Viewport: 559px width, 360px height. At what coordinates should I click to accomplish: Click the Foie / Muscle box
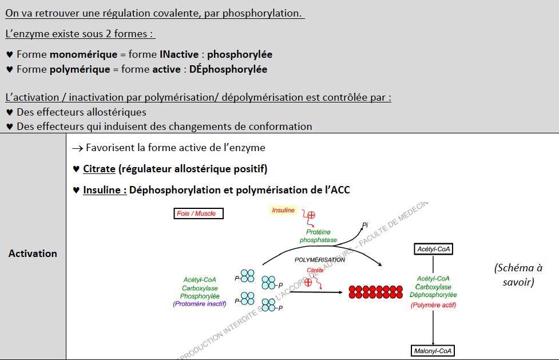[x=199, y=213]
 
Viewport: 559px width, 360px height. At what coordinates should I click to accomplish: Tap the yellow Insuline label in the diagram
[x=283, y=210]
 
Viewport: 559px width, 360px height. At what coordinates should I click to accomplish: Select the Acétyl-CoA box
[x=433, y=249]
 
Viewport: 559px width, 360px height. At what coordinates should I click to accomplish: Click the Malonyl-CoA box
[x=433, y=350]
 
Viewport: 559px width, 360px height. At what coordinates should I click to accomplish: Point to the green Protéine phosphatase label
[x=318, y=236]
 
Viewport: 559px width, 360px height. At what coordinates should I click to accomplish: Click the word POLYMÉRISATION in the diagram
[x=320, y=260]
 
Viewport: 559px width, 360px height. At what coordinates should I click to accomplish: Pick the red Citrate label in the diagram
[x=315, y=270]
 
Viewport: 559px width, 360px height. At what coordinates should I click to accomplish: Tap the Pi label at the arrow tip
[x=364, y=225]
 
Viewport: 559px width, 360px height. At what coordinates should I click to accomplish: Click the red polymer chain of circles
[x=375, y=291]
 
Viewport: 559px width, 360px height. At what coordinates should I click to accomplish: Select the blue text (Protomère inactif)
[x=200, y=304]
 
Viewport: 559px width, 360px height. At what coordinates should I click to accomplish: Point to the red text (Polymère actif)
[x=433, y=305]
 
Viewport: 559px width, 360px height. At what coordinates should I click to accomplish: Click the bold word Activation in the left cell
[x=33, y=253]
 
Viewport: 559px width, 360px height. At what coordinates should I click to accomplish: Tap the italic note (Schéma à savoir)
[x=518, y=275]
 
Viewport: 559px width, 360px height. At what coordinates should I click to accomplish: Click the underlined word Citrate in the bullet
[x=99, y=169]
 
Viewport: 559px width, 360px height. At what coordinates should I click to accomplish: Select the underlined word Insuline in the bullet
[x=105, y=190]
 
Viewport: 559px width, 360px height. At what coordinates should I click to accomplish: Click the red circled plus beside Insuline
[x=312, y=215]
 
